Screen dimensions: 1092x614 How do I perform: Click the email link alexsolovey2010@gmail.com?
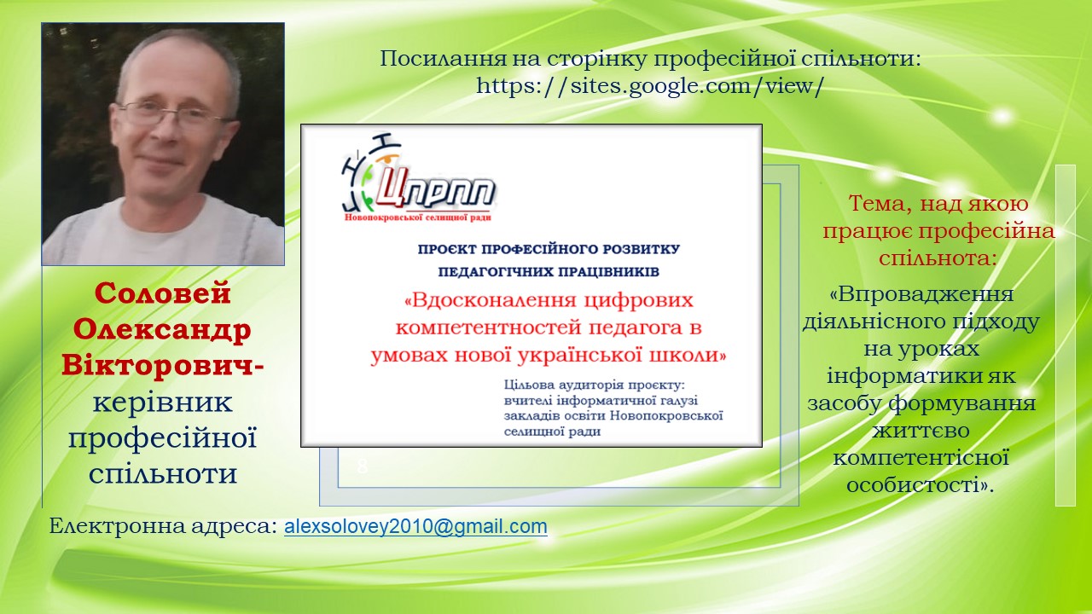(x=415, y=527)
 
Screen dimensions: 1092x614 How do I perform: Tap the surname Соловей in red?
(x=162, y=293)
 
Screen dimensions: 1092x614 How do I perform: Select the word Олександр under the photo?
(x=162, y=330)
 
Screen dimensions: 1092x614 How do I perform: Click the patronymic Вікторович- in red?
(x=162, y=365)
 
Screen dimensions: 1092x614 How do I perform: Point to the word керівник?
(x=162, y=403)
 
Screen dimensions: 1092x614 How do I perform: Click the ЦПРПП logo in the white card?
(x=418, y=178)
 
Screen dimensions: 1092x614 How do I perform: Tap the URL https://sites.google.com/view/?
(x=649, y=86)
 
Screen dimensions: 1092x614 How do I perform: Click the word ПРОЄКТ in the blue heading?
(x=448, y=249)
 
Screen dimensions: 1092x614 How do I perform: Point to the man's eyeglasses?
(x=171, y=114)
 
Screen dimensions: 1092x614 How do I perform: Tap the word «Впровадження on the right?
(x=921, y=294)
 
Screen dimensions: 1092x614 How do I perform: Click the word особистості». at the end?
(x=920, y=485)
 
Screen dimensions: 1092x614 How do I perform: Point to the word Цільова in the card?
(x=529, y=385)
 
